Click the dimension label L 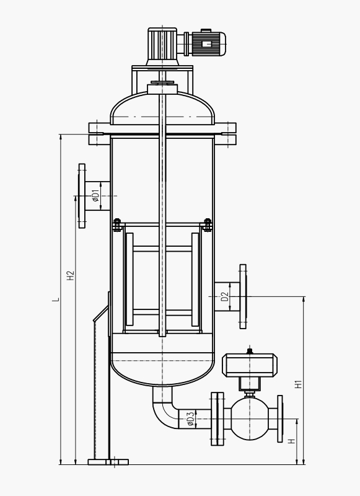56,299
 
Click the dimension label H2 71,274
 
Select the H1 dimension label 298,384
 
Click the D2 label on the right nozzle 226,296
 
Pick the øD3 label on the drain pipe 190,420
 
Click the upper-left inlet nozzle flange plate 81,196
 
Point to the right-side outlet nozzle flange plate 243,295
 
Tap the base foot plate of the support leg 108,462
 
